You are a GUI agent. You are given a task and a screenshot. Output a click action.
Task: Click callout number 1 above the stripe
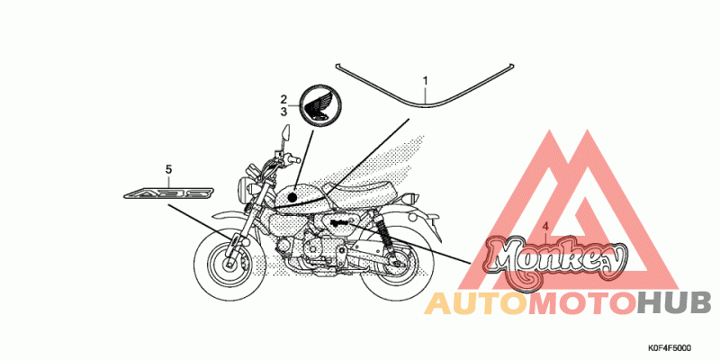(425, 81)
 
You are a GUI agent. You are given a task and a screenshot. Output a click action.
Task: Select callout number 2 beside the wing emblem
(283, 99)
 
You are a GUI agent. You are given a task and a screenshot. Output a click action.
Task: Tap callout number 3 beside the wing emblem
(283, 111)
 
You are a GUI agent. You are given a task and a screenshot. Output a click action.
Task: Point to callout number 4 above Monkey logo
(545, 227)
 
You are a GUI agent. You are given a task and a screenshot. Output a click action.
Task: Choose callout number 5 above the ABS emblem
(168, 170)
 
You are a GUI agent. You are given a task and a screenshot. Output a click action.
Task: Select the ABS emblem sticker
(169, 193)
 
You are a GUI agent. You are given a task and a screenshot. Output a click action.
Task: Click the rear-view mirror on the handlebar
(286, 132)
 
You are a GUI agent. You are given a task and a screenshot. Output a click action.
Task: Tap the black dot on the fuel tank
(292, 198)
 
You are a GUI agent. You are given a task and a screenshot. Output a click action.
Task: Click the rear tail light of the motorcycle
(411, 198)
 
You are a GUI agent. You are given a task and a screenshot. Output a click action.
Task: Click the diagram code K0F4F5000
(670, 348)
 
